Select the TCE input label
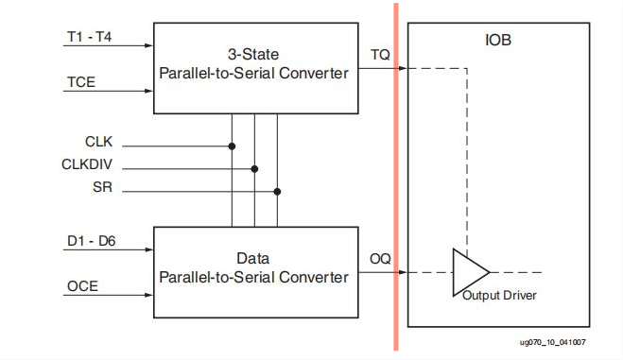(x=79, y=81)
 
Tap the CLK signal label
(x=98, y=142)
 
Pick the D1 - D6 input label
(x=91, y=241)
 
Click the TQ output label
(x=380, y=56)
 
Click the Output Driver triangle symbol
(x=468, y=272)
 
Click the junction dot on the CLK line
(x=232, y=146)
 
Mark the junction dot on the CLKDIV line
(x=254, y=169)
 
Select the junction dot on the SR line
(x=277, y=191)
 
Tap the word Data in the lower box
(x=253, y=258)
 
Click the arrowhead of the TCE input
(x=148, y=91)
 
